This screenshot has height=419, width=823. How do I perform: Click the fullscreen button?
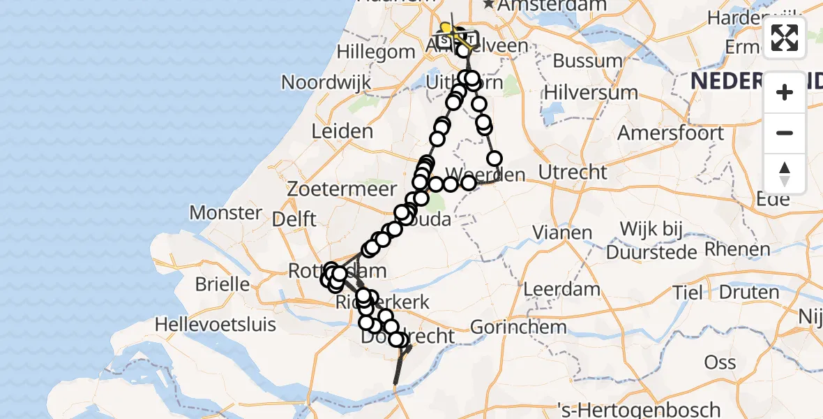(x=785, y=38)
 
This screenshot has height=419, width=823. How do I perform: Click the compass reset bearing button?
(x=785, y=174)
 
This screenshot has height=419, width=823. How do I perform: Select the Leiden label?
(x=342, y=131)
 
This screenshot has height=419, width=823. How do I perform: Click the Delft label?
(x=294, y=219)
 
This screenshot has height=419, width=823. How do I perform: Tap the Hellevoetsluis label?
(x=216, y=324)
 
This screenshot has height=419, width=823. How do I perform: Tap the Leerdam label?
(x=561, y=288)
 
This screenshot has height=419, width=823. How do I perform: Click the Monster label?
(x=226, y=212)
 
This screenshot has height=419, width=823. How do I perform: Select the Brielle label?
(x=223, y=284)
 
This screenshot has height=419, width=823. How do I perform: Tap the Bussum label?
(x=587, y=61)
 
